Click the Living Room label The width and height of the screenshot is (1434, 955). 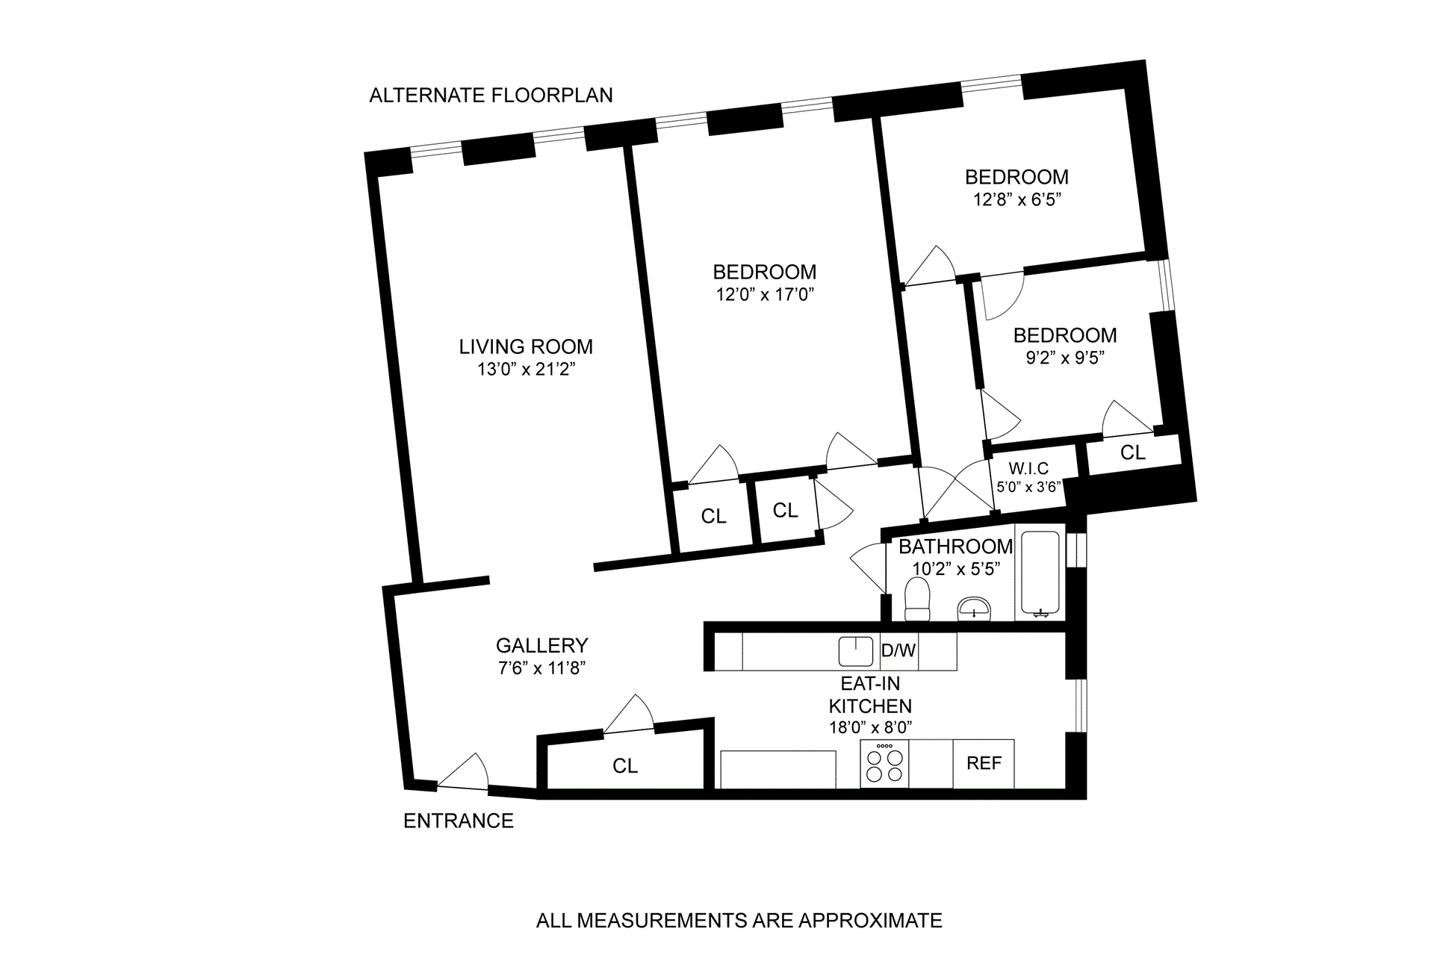tap(526, 346)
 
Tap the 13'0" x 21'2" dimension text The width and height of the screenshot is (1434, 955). tap(526, 369)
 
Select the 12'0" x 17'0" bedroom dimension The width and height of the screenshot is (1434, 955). tap(764, 294)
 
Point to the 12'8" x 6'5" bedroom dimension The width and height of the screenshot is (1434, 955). tap(1016, 199)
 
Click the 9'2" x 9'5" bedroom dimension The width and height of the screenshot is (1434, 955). tap(1065, 357)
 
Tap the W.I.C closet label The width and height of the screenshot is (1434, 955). tap(1028, 468)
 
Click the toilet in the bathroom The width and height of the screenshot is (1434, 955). tap(916, 600)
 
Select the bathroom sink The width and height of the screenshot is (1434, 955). tap(974, 608)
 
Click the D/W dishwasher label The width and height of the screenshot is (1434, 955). tap(898, 650)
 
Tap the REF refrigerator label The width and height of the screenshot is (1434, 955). tap(984, 763)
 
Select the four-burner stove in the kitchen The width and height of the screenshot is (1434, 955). tap(884, 764)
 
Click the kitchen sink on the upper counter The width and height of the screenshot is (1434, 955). tap(855, 651)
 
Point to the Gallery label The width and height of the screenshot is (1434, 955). tap(541, 645)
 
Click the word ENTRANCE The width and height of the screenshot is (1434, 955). tap(459, 821)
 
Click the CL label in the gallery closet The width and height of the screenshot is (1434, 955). tap(625, 766)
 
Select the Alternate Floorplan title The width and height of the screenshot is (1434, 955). tap(491, 96)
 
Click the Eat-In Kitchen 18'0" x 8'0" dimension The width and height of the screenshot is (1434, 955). tap(870, 727)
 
